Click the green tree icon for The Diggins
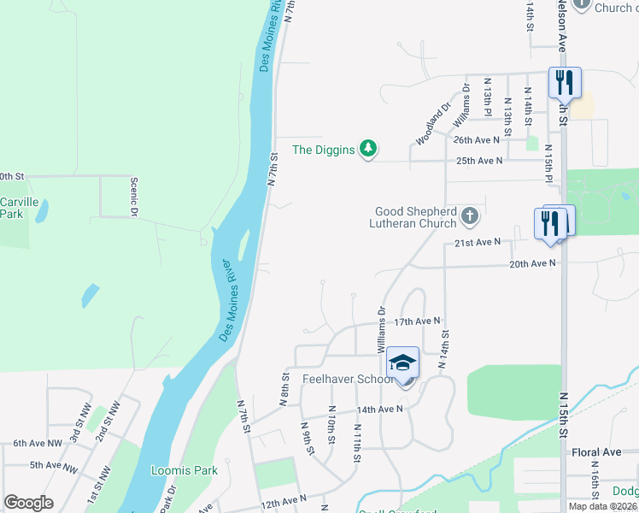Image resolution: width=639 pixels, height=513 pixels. [x=368, y=150]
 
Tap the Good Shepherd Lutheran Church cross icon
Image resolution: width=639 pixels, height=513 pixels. [x=469, y=217]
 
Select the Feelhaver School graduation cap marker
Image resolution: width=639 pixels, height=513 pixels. [x=403, y=365]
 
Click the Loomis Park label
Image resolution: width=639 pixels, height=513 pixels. [x=185, y=470]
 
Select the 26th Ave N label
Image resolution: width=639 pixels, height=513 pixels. [x=477, y=139]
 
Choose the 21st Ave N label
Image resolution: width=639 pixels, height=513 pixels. [x=476, y=243]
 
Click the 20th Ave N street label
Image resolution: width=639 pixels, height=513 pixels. [x=532, y=264]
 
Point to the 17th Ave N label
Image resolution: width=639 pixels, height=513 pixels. [x=417, y=321]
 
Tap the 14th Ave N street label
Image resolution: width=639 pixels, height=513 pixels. [x=379, y=410]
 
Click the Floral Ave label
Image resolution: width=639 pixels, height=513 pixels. [x=599, y=451]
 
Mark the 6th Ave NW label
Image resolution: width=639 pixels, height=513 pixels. [x=38, y=444]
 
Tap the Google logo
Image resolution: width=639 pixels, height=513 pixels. [x=28, y=503]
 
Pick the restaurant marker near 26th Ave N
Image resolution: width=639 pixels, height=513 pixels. [x=564, y=83]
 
